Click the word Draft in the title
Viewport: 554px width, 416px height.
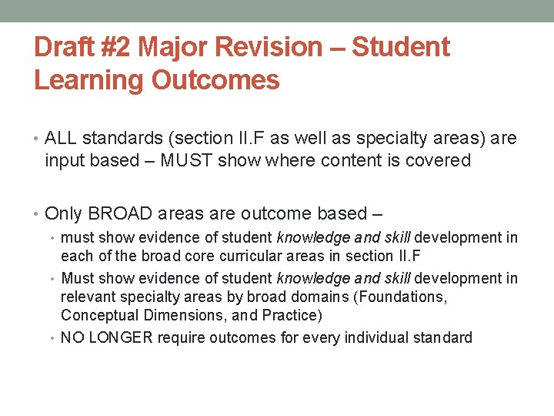pyautogui.click(x=66, y=48)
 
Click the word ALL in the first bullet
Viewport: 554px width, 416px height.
pyautogui.click(x=61, y=139)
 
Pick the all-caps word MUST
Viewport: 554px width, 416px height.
pyautogui.click(x=185, y=160)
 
